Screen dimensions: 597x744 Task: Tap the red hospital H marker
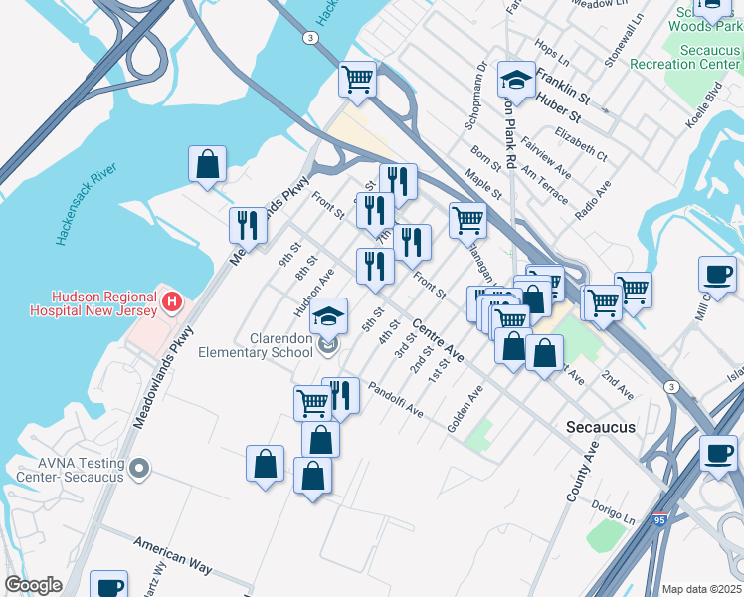(x=172, y=299)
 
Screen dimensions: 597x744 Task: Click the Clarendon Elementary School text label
(x=256, y=345)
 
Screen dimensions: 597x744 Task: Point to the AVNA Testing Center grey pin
(x=139, y=467)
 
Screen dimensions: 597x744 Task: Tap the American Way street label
(x=173, y=557)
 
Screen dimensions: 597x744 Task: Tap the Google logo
(x=33, y=585)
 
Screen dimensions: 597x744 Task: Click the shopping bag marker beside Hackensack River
(x=207, y=164)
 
